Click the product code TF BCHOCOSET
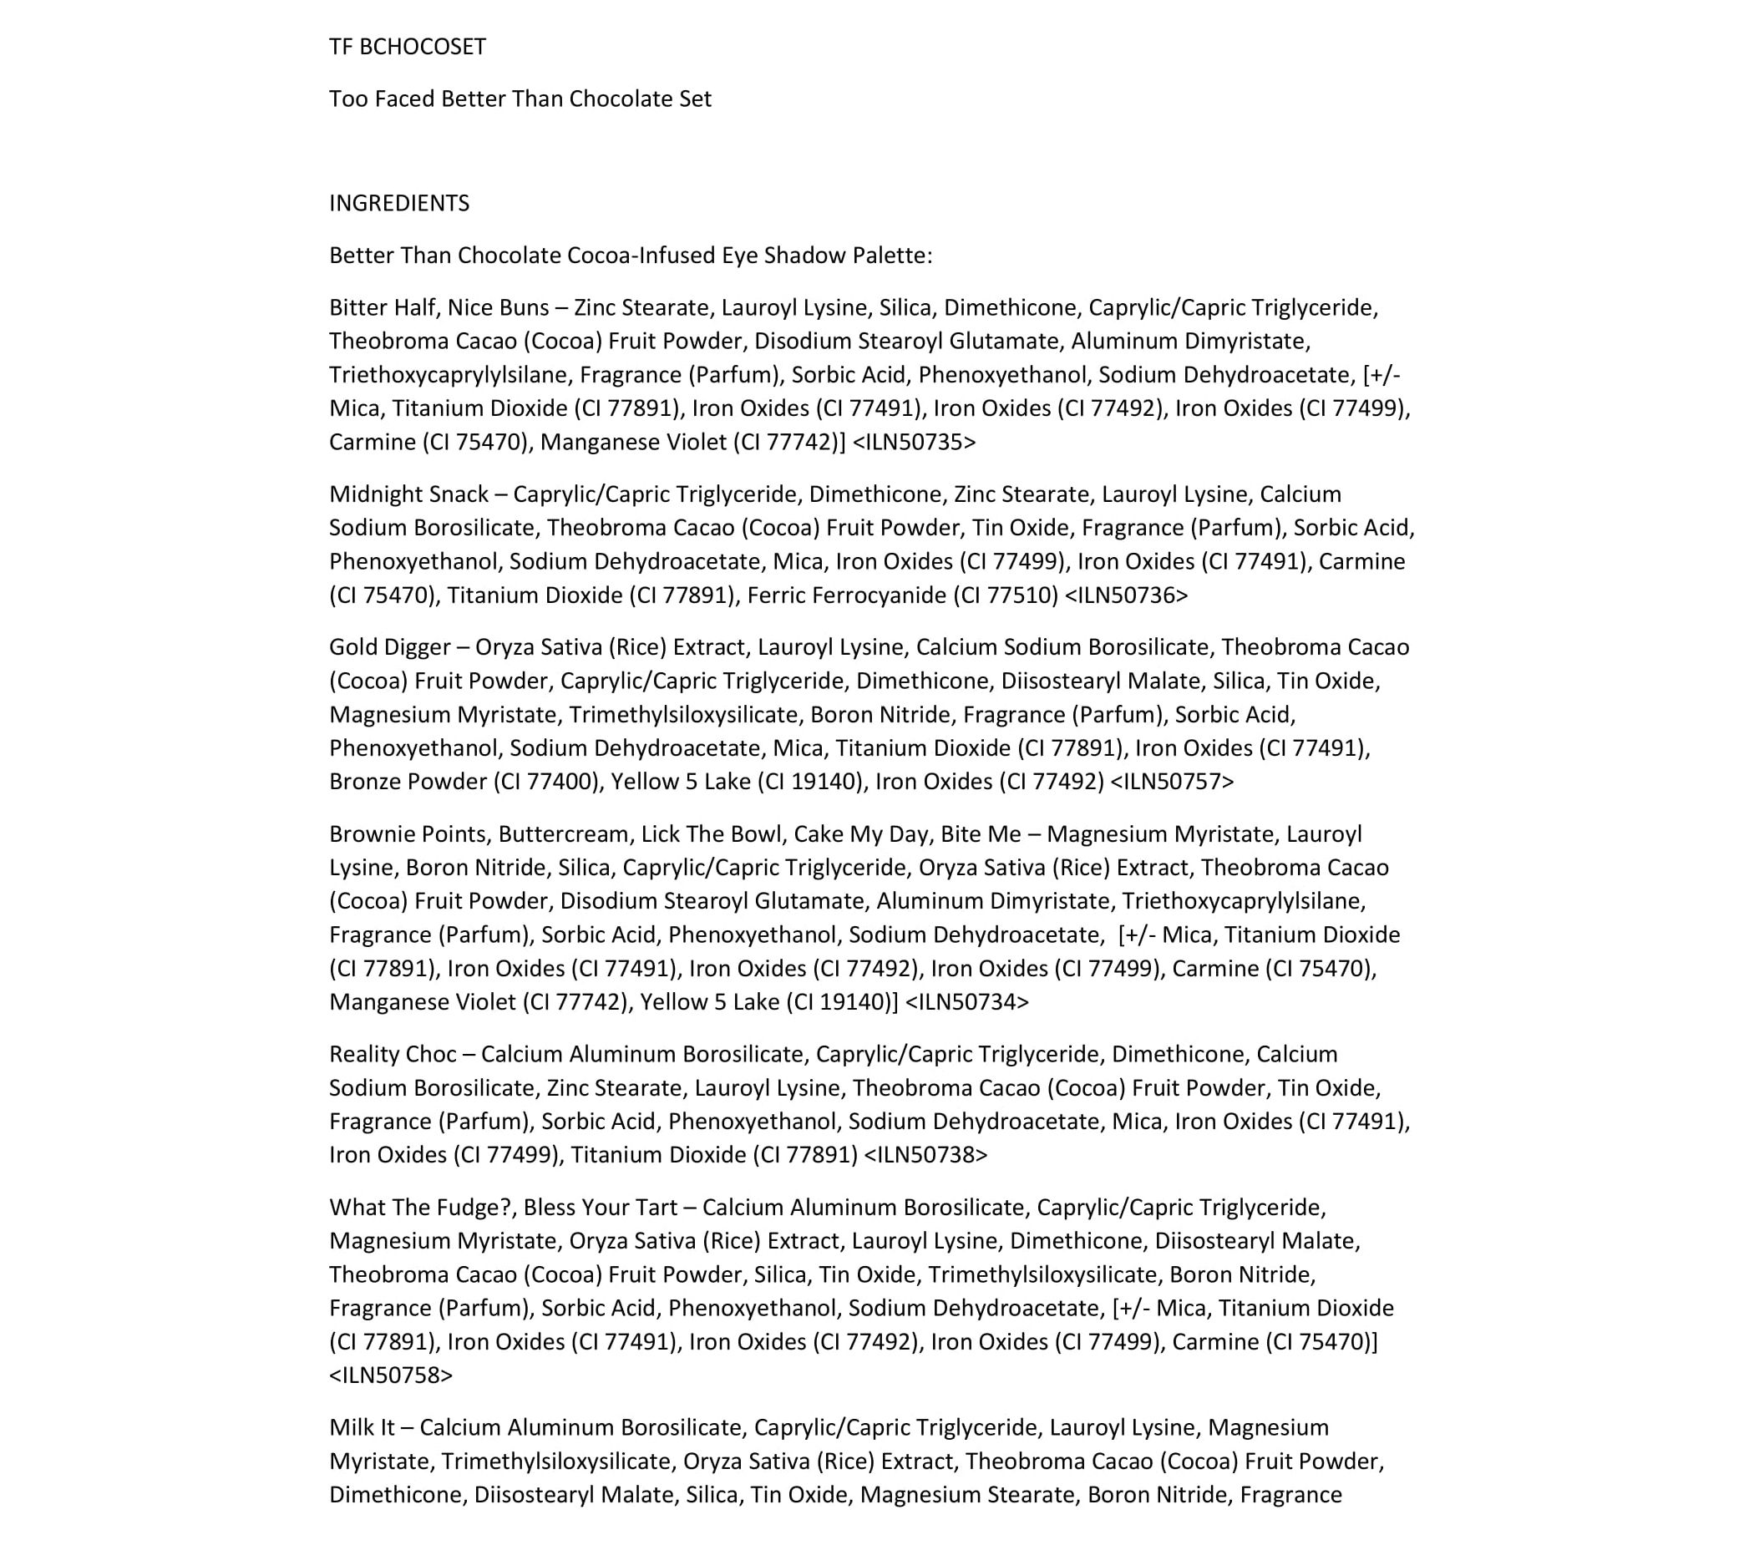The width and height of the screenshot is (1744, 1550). coord(407,47)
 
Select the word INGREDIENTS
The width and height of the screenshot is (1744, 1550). coord(399,203)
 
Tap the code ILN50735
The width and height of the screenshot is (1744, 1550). coord(914,442)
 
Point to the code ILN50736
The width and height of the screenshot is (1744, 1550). coord(1126,595)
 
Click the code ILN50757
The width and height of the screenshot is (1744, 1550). coord(1172,782)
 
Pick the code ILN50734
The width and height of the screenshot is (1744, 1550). coord(966,1001)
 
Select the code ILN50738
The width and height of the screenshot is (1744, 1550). coord(925,1154)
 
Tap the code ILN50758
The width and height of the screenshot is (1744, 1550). coord(391,1375)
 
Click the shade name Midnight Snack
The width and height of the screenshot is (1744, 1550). coord(408,494)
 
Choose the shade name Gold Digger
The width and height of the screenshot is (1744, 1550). coord(389,646)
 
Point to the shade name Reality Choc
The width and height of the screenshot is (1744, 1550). coord(393,1054)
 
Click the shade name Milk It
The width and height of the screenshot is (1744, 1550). coord(362,1427)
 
